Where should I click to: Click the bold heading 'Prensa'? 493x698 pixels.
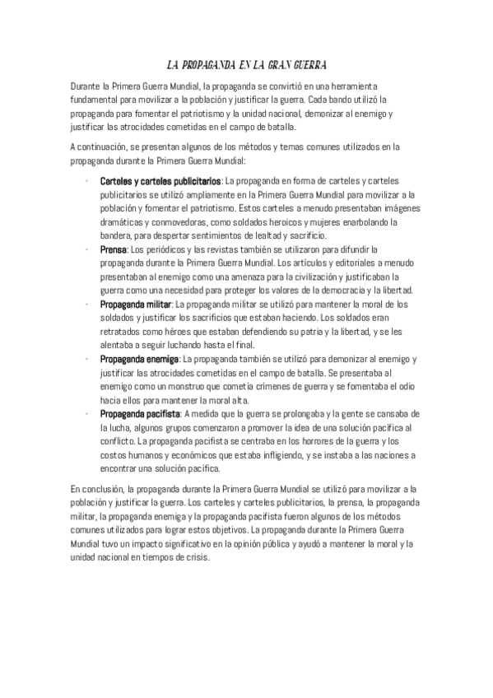click(x=114, y=249)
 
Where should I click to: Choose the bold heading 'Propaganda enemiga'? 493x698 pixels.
click(x=138, y=360)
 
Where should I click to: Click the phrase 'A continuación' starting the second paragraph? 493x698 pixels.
click(x=99, y=147)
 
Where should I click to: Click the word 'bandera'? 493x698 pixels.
click(x=116, y=235)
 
